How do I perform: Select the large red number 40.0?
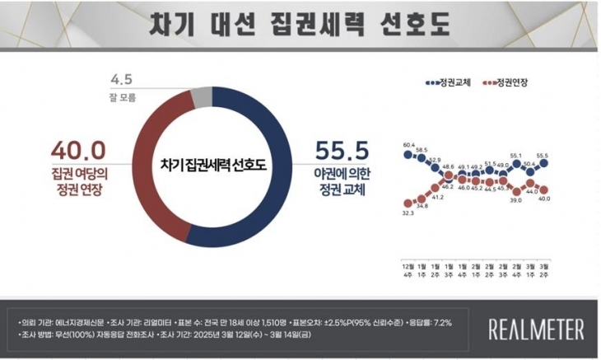coord(79,151)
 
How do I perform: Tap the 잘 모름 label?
coord(121,96)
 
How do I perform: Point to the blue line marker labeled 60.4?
coord(408,154)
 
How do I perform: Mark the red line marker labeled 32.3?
coord(408,203)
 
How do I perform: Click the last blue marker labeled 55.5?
coord(544,163)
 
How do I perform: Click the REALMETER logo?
coord(536,330)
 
